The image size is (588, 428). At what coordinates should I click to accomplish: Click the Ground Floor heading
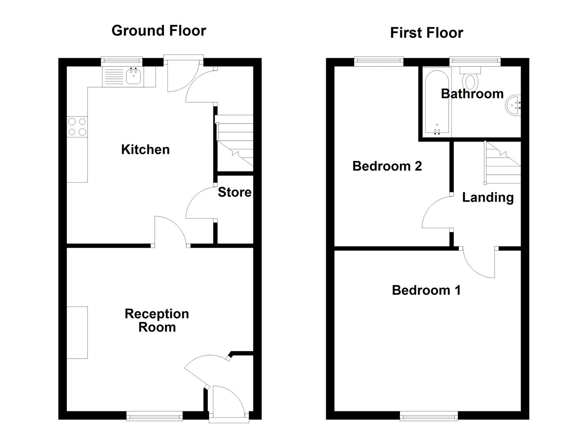coord(159,31)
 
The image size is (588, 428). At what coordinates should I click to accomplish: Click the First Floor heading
coord(426,33)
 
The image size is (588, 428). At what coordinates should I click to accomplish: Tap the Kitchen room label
coord(145,149)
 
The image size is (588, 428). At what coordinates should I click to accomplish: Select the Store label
coord(234,192)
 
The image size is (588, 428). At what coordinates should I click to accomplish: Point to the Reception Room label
coord(157,320)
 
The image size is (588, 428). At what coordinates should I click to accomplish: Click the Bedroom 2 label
coord(387,166)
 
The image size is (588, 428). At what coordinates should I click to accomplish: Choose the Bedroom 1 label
coord(426,290)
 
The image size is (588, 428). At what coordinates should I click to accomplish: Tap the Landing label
coord(488,197)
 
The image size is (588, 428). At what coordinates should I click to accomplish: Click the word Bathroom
coord(472,94)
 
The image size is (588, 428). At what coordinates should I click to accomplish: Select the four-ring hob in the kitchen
coord(77,127)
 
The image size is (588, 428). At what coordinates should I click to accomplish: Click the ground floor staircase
coord(234,143)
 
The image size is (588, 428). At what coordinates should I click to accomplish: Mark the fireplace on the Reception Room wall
coord(77,332)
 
